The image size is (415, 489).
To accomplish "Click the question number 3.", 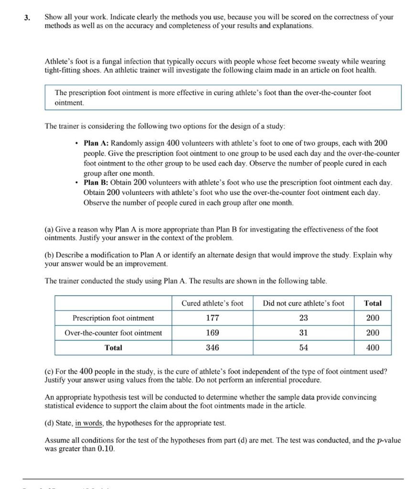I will coord(28,17).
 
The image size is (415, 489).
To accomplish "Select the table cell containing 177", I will coord(213,318).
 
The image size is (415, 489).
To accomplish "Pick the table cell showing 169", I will coord(213,333).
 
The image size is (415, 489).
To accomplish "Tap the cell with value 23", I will coord(304,318).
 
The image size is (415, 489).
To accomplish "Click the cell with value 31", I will coord(304,333).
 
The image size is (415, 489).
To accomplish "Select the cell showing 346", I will coord(213,348).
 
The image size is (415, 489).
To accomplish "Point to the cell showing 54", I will coord(304,348).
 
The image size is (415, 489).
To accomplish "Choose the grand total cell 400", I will coord(372,348).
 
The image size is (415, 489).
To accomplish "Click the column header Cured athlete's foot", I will coord(213,303).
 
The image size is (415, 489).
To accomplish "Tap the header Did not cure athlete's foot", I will coord(304,303).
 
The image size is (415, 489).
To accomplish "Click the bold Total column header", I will coord(372,303).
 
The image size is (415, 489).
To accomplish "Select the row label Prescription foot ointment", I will coord(113,318).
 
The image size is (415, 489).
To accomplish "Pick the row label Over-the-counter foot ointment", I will coord(113,333).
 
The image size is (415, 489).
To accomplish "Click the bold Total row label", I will coord(113,348).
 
